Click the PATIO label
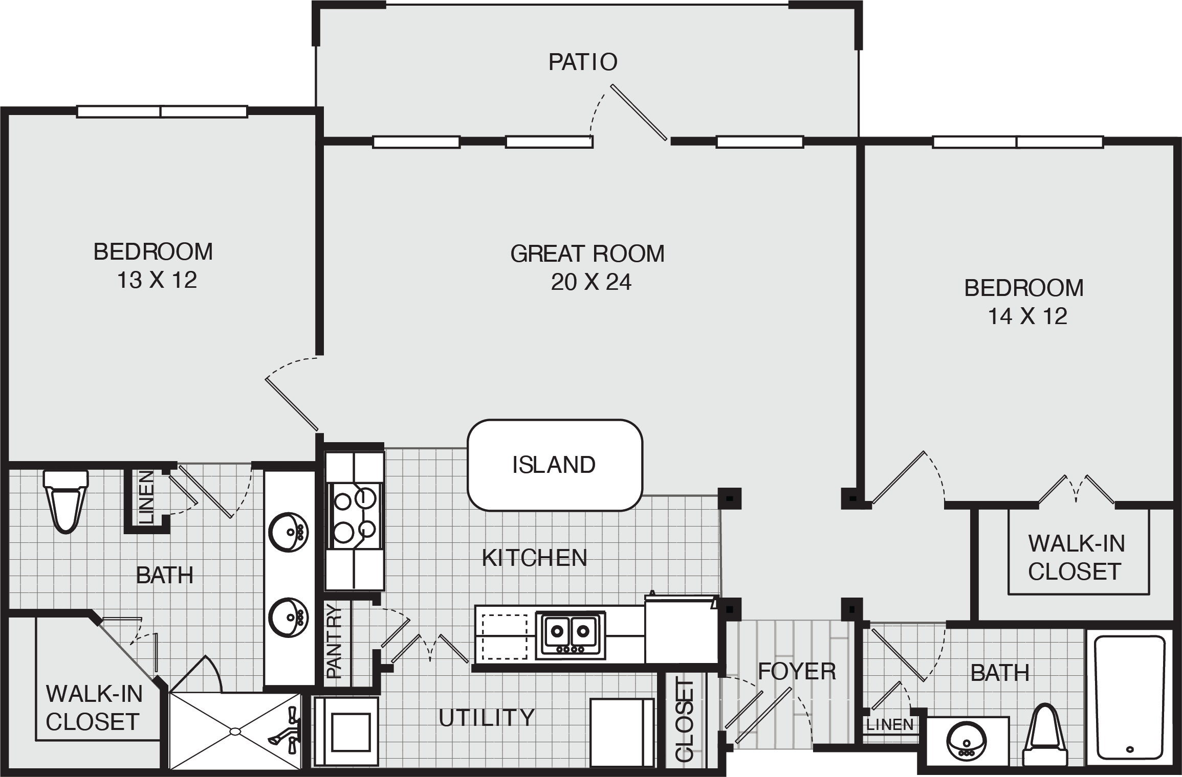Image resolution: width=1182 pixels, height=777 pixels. click(x=583, y=62)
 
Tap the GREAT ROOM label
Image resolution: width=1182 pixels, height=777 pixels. click(x=587, y=254)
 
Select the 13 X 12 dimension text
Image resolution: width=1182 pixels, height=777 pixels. click(x=157, y=280)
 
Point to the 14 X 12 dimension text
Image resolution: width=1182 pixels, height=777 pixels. click(x=1027, y=316)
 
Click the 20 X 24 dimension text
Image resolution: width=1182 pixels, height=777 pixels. click(x=591, y=282)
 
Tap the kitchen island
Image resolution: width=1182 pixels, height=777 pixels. click(x=555, y=465)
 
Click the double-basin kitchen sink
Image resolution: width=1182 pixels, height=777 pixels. click(x=570, y=635)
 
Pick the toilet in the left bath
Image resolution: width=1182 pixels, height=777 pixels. click(x=65, y=501)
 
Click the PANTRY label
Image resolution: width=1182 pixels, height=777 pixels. click(x=334, y=641)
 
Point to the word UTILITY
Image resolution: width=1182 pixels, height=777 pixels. click(x=487, y=718)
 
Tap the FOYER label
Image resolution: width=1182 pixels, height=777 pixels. click(x=797, y=671)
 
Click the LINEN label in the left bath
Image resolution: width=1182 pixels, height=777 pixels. click(x=146, y=497)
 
